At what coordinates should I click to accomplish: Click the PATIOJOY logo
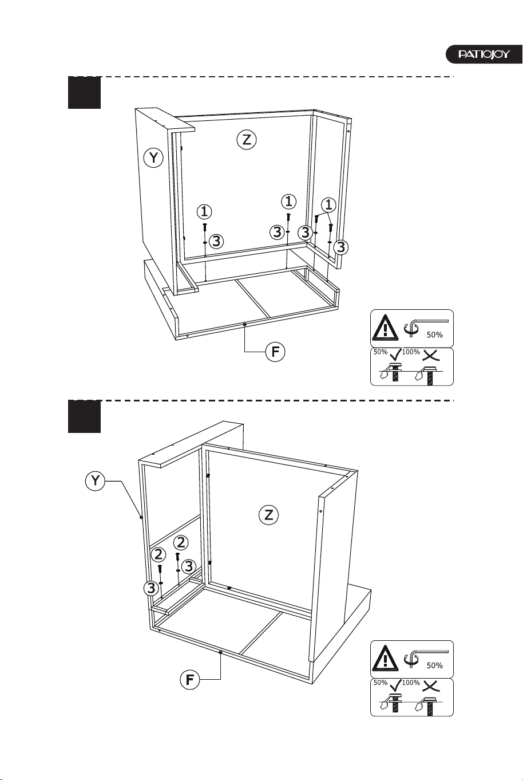pyautogui.click(x=484, y=54)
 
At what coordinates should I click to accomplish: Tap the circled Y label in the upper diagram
pyautogui.click(x=153, y=158)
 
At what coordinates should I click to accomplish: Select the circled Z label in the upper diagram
pyautogui.click(x=247, y=140)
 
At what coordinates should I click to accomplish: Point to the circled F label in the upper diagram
pyautogui.click(x=275, y=352)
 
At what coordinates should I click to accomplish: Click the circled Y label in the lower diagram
pyautogui.click(x=95, y=481)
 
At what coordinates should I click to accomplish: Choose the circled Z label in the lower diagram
pyautogui.click(x=268, y=514)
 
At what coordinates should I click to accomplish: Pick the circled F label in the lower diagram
pyautogui.click(x=189, y=679)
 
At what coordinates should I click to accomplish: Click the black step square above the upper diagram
pyautogui.click(x=84, y=92)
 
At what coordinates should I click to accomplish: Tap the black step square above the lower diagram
pyautogui.click(x=84, y=416)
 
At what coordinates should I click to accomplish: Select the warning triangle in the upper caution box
pyautogui.click(x=385, y=328)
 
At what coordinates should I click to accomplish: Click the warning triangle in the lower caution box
pyautogui.click(x=385, y=659)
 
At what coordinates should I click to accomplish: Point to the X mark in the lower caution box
pyautogui.click(x=431, y=686)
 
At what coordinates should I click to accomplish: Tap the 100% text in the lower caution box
pyautogui.click(x=411, y=683)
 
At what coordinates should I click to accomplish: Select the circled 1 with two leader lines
pyautogui.click(x=328, y=205)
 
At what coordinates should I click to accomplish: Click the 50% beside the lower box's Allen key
pyautogui.click(x=435, y=665)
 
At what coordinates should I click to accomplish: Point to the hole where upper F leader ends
pyautogui.click(x=245, y=324)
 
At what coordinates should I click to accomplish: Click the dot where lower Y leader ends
pyautogui.click(x=141, y=518)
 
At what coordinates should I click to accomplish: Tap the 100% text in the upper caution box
pyautogui.click(x=411, y=352)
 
